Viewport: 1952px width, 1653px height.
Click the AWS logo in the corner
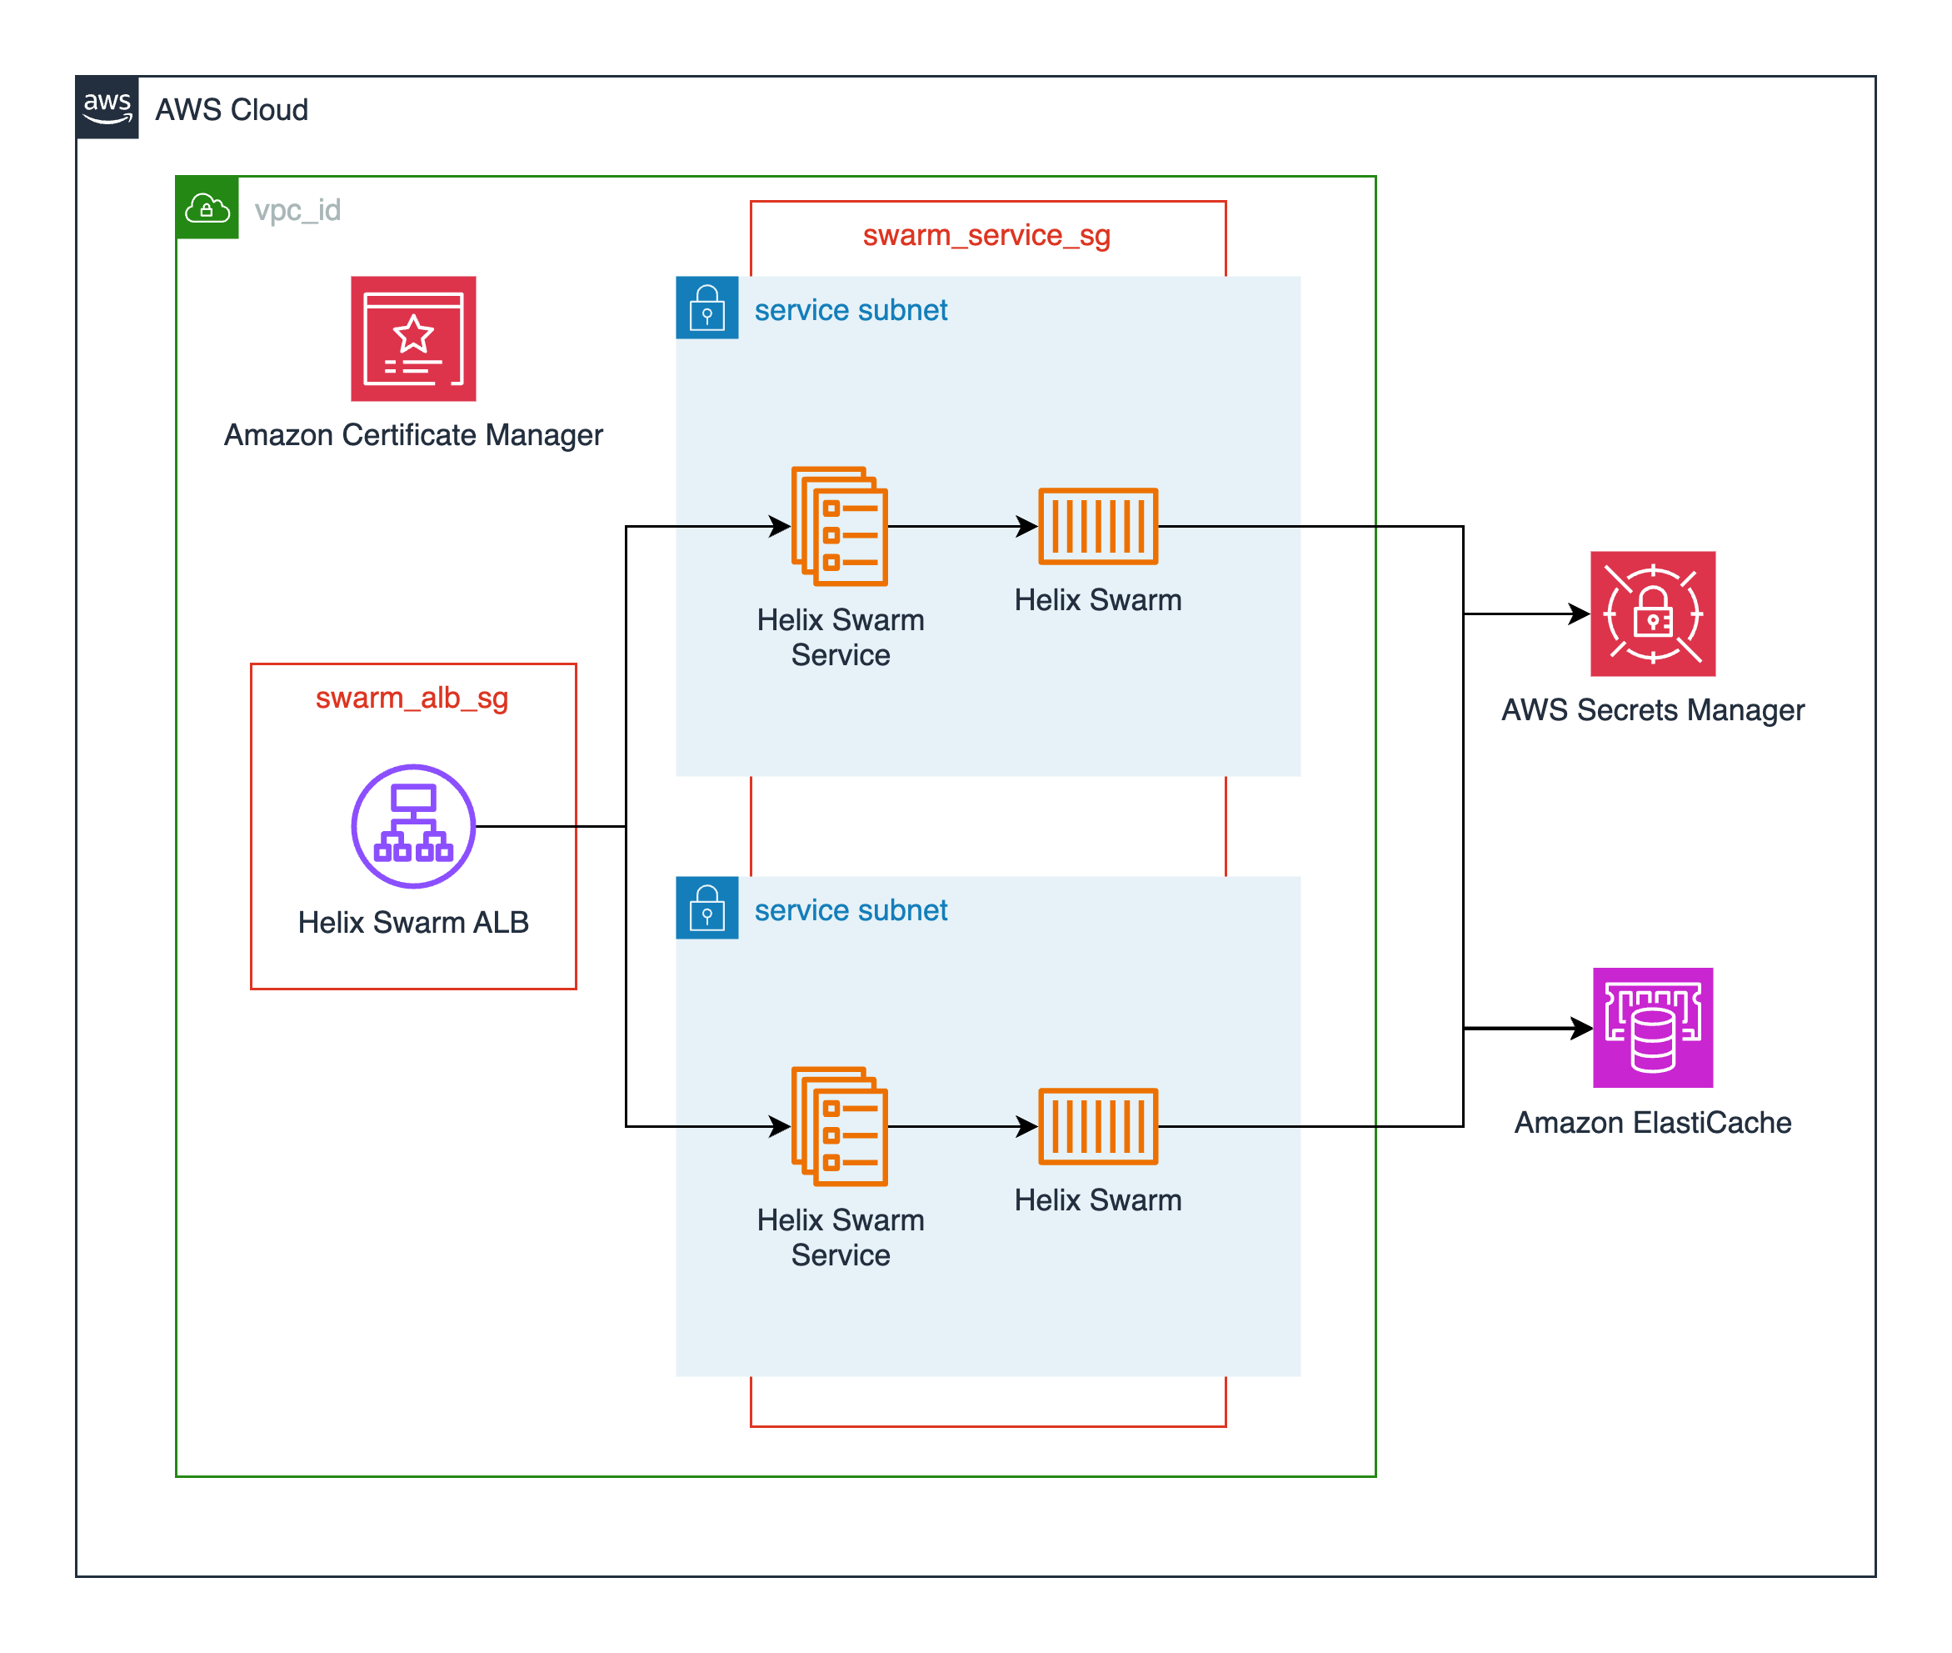(107, 108)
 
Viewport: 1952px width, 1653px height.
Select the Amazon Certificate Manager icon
(413, 338)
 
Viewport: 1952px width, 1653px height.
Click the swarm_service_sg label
(986, 235)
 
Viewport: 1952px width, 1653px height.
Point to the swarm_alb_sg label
(412, 698)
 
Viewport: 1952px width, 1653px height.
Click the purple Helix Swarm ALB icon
(413, 825)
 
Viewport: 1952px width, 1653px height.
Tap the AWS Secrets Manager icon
(1652, 614)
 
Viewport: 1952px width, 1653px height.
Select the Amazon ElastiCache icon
(1652, 1028)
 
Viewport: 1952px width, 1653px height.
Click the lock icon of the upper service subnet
(707, 308)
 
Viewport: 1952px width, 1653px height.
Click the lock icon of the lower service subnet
(707, 907)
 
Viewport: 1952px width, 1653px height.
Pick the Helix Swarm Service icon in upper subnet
(839, 526)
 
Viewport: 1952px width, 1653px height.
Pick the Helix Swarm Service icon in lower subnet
(839, 1125)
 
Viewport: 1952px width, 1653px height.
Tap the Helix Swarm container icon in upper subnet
(1098, 526)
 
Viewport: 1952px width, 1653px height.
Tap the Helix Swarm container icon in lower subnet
(1098, 1125)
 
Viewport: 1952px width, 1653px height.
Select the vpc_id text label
(297, 209)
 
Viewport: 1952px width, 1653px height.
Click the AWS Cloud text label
(232, 110)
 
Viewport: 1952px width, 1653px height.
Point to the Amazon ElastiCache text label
(1652, 1123)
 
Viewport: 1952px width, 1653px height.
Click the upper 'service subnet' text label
(851, 310)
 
